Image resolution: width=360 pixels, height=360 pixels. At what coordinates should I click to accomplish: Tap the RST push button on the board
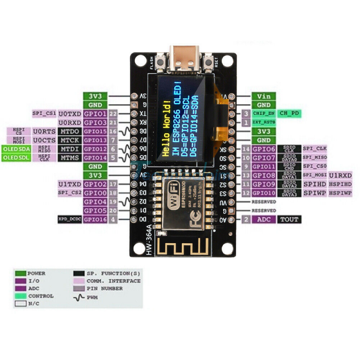coord(208,63)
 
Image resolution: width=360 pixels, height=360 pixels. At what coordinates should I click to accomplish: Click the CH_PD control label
coord(288,113)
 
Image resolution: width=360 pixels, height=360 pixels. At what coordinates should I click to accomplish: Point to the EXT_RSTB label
coord(263,122)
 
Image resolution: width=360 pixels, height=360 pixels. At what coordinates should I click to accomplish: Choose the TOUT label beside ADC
coord(288,220)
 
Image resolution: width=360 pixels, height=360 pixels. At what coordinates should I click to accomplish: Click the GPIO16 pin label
coord(95,220)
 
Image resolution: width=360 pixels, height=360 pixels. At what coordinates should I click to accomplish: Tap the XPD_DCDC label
coord(70,220)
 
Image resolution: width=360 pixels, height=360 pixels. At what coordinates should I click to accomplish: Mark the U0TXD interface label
coord(70,114)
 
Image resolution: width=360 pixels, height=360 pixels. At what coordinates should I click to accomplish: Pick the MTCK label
coord(70,140)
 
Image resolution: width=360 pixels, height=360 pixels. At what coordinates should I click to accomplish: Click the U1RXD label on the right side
coord(341,175)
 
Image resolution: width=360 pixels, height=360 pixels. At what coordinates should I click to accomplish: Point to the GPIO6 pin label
coord(263,149)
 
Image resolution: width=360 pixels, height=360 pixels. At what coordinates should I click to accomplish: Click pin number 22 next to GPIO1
coord(113,114)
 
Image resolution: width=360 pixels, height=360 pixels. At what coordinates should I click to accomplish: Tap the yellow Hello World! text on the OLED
coord(167,129)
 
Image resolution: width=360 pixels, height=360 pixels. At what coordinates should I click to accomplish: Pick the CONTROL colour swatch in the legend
coord(20,296)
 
